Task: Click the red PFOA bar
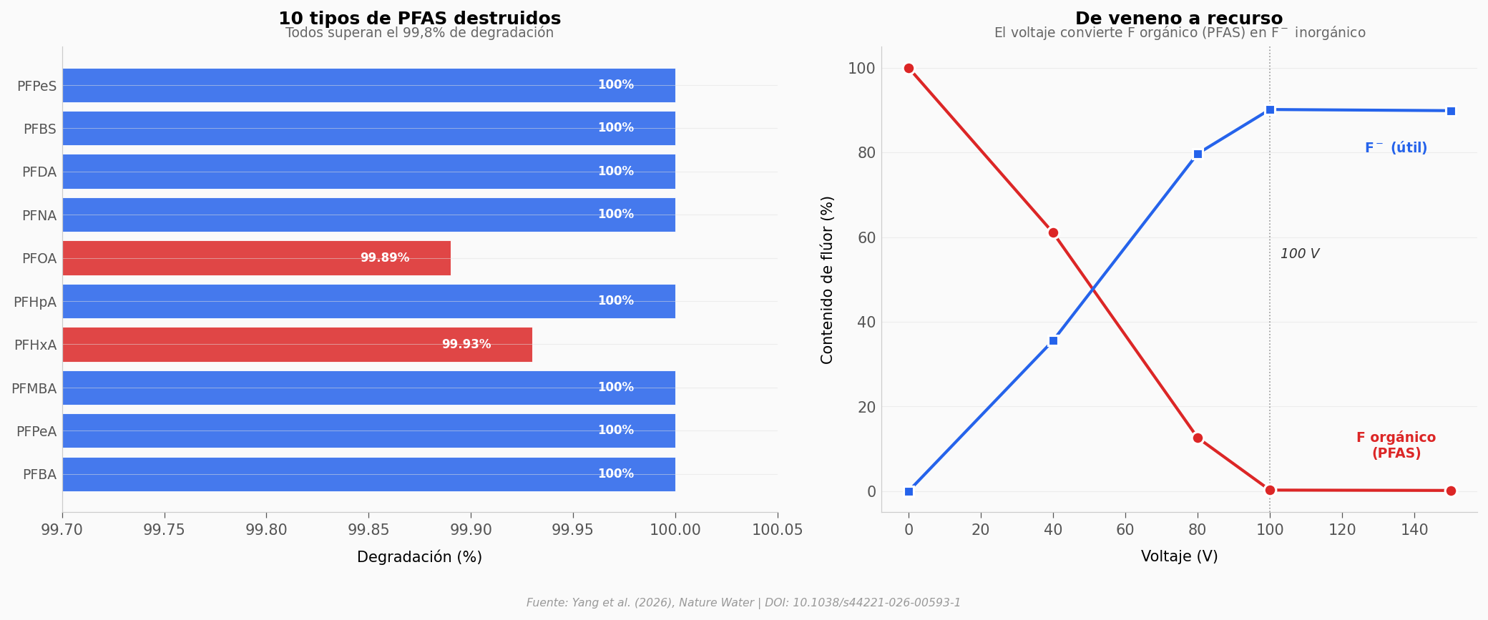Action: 256,258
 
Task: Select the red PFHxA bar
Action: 297,345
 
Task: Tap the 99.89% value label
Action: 385,258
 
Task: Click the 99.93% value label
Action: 466,345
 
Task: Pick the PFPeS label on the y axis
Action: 36,87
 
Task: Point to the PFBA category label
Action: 39,475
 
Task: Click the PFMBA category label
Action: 34,389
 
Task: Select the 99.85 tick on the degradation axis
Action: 368,530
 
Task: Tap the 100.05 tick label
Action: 777,530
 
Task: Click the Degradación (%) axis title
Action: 419,557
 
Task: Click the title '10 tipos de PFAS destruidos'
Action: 419,19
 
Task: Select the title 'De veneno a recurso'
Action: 1179,19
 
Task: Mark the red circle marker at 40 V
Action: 1053,232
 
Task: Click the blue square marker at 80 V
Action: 1198,154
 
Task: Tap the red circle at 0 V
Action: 909,68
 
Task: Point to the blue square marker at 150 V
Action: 1451,111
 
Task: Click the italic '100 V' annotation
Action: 1299,254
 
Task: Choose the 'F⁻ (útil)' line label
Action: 1396,148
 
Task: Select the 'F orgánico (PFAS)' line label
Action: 1396,446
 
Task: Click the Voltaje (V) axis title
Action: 1179,556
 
